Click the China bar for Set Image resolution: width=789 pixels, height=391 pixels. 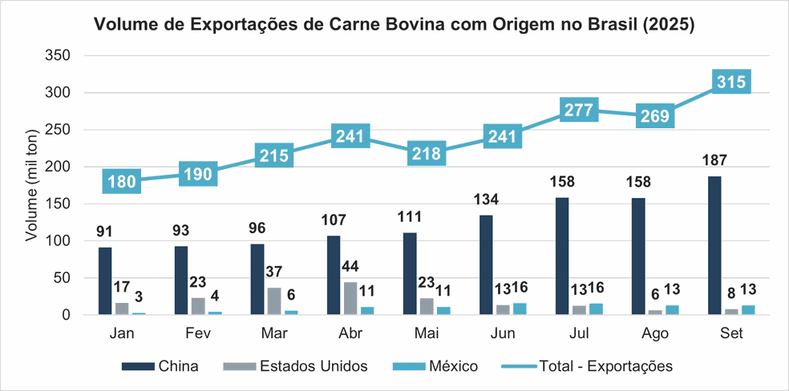[714, 245]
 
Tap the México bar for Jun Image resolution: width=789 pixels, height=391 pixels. [520, 308]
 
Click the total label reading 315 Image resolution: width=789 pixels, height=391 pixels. [730, 81]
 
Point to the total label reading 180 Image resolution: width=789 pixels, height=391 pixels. [123, 181]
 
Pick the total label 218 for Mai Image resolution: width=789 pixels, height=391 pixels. [427, 154]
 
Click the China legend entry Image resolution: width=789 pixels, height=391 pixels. [160, 366]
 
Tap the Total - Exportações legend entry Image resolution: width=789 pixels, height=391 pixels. [586, 366]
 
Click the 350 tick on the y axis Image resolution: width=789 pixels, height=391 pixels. [61, 55]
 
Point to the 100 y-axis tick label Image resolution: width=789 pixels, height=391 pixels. [61, 241]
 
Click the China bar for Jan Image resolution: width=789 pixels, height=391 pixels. [105, 281]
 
